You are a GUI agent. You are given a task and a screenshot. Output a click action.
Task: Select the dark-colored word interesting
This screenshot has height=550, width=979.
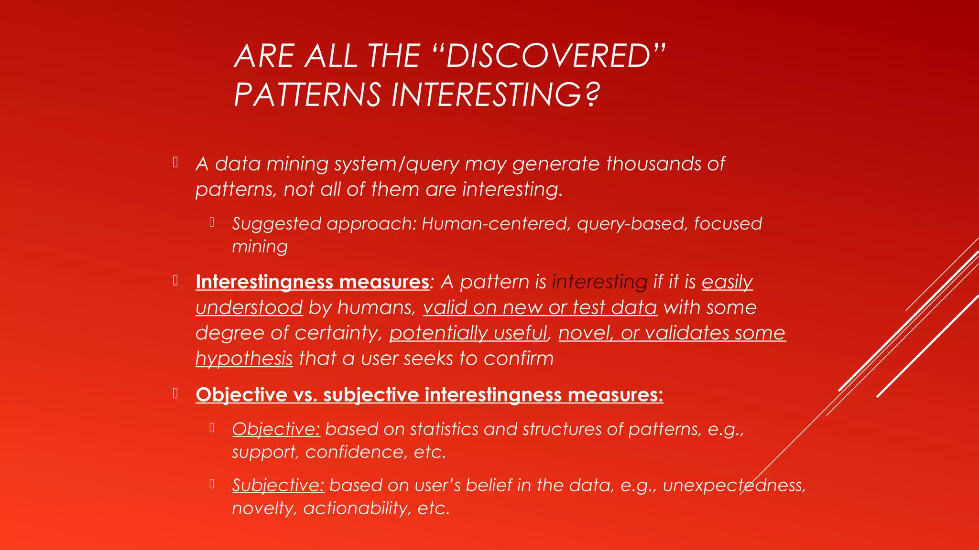click(x=599, y=282)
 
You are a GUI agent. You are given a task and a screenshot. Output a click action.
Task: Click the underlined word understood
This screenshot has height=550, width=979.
click(x=249, y=307)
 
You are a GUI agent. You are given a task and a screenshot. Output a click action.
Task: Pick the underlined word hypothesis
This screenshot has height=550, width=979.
click(x=244, y=359)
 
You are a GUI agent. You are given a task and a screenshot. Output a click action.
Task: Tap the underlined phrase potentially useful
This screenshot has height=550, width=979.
click(x=468, y=333)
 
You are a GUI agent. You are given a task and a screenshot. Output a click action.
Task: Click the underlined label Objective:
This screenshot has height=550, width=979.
click(x=276, y=429)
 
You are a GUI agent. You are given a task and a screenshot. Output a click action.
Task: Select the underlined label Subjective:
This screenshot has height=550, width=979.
click(x=278, y=486)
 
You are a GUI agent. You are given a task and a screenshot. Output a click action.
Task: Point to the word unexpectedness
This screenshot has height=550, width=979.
click(x=734, y=485)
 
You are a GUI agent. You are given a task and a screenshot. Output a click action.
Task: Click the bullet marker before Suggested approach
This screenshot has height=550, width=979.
click(x=211, y=222)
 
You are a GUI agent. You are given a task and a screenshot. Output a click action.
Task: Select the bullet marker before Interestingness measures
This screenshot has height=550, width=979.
click(x=175, y=280)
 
